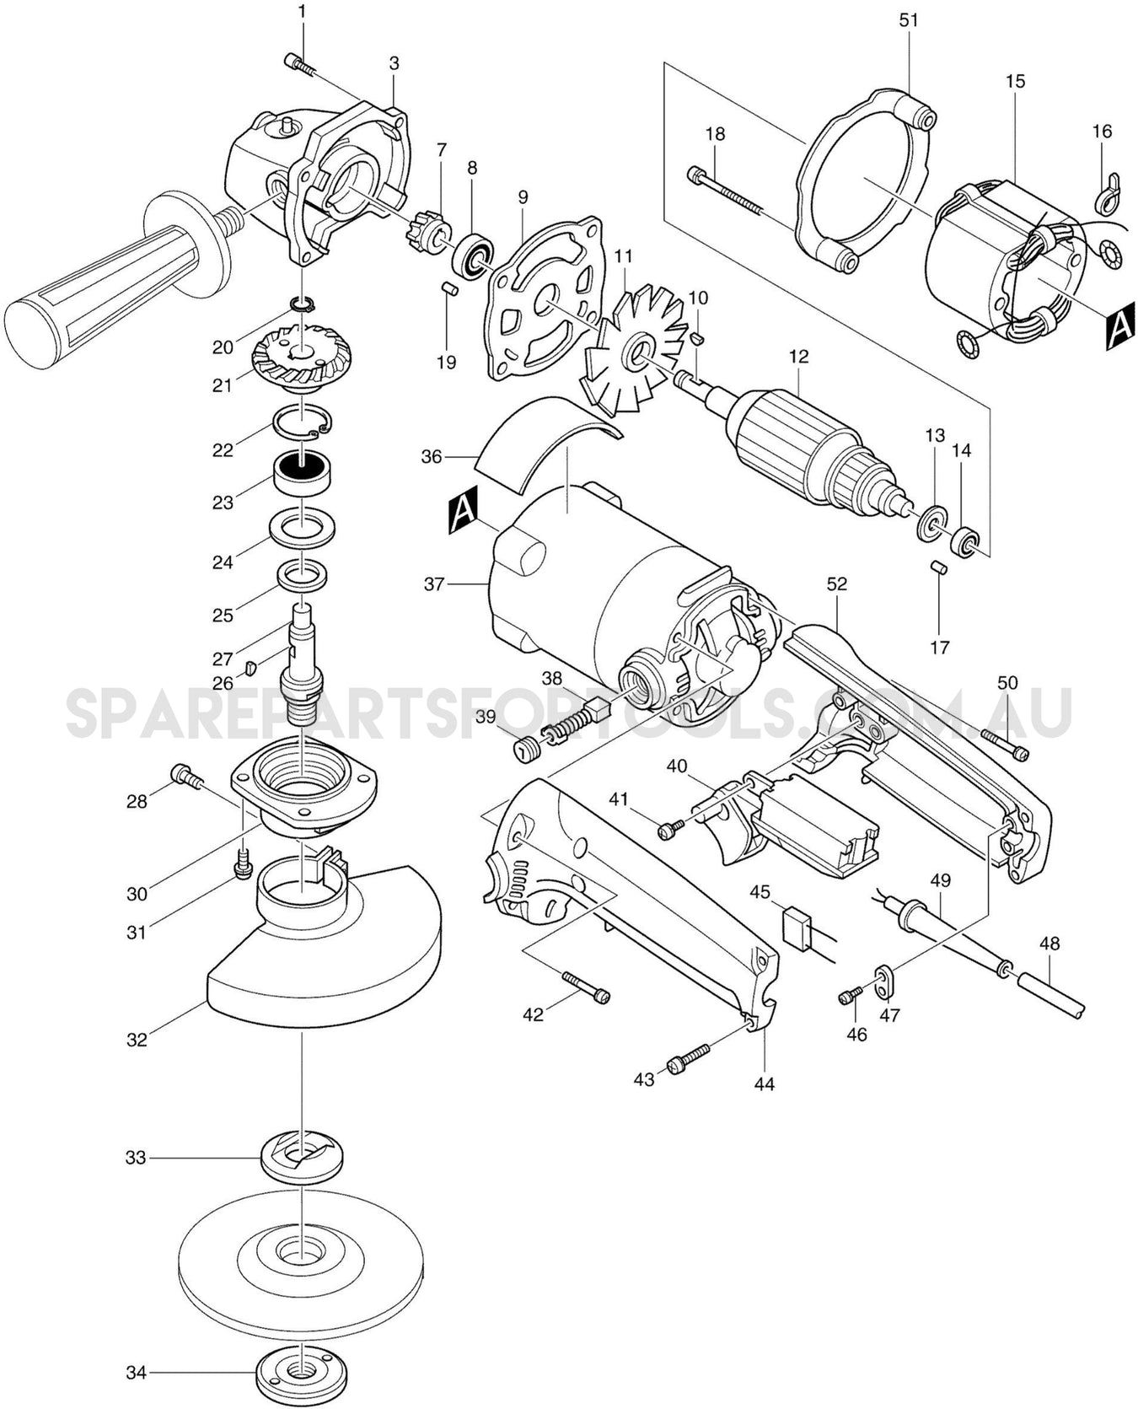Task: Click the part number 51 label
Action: coord(908,20)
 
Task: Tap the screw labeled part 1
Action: coord(299,64)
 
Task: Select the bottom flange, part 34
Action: coord(301,1372)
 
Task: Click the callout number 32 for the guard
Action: coord(137,1040)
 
